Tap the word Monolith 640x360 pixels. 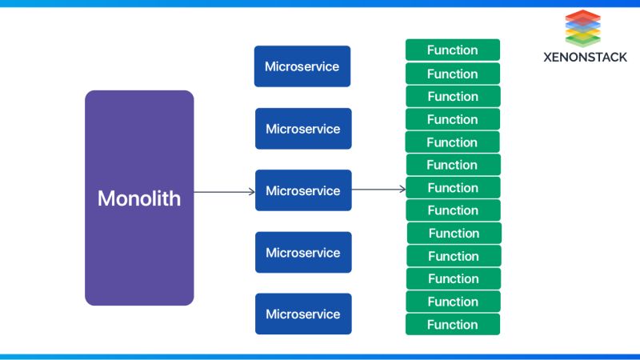139,198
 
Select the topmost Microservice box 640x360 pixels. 302,66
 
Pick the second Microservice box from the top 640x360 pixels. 302,129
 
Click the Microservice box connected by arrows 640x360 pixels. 302,190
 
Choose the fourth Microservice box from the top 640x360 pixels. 302,253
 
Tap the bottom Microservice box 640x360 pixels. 302,314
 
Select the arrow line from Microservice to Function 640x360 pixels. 376,190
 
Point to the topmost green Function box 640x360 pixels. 453,50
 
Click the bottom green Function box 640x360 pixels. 453,325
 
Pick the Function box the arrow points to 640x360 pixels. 453,188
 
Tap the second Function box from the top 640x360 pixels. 453,74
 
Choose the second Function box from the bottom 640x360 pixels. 453,302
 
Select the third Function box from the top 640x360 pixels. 453,97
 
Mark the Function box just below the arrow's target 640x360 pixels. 453,210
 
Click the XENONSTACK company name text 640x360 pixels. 585,57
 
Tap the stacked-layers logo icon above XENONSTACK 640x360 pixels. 583,29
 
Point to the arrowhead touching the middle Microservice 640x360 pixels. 251,191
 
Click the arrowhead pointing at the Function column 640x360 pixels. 402,190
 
